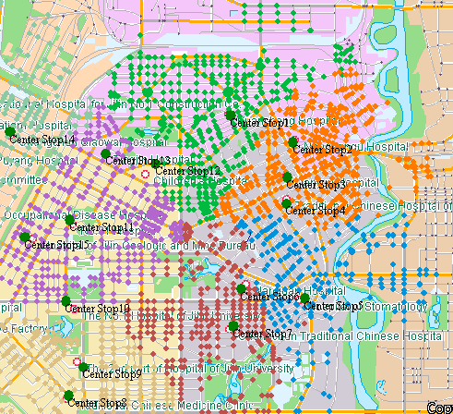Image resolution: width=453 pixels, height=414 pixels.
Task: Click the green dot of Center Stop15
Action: tap(25, 237)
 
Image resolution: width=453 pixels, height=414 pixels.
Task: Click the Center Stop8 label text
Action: tap(98, 403)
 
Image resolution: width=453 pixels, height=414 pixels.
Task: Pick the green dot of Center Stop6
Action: tap(241, 289)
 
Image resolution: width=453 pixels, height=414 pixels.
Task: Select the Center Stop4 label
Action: tap(319, 211)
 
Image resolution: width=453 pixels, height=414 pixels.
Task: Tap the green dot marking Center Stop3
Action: tap(287, 177)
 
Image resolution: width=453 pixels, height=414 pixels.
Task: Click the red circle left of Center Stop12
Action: tap(143, 173)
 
